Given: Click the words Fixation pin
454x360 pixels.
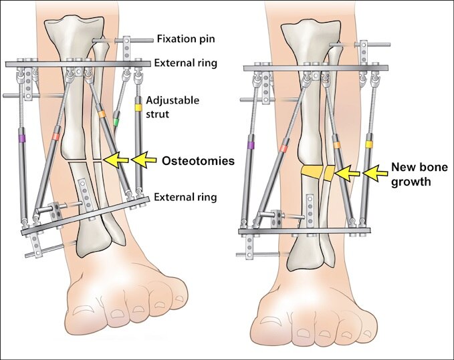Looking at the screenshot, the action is pyautogui.click(x=186, y=39).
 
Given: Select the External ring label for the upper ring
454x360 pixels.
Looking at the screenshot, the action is pyautogui.click(x=186, y=63).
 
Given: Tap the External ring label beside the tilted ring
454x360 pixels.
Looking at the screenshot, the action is pyautogui.click(x=185, y=197).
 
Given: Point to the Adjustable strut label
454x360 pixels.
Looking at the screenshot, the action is pyautogui.click(x=173, y=107).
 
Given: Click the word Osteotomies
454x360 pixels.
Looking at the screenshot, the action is pyautogui.click(x=198, y=161).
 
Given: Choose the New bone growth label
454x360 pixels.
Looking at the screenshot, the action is pyautogui.click(x=419, y=174).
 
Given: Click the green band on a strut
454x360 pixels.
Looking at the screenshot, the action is pyautogui.click(x=116, y=122).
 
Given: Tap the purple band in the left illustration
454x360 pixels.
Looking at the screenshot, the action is pyautogui.click(x=22, y=139).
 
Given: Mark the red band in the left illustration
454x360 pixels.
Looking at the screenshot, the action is pyautogui.click(x=55, y=136).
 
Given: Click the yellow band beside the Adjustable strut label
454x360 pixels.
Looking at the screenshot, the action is pyautogui.click(x=138, y=108).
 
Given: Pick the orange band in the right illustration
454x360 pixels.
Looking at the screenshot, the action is pyautogui.click(x=337, y=145).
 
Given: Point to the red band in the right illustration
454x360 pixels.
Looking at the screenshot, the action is pyautogui.click(x=284, y=149).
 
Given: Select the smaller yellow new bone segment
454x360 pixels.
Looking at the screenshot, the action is pyautogui.click(x=330, y=173).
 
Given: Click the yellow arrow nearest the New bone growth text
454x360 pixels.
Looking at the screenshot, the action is pyautogui.click(x=376, y=173).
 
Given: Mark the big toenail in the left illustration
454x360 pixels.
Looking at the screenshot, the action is pyautogui.click(x=83, y=311).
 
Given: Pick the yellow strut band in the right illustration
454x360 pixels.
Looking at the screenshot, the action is pyautogui.click(x=369, y=144).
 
